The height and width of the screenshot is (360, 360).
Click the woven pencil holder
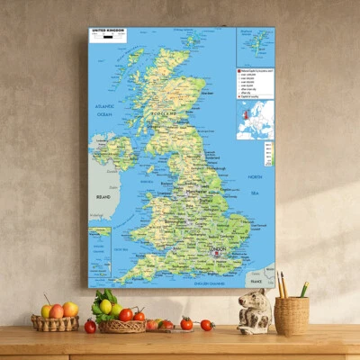pos(291,315)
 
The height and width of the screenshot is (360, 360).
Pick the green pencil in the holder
pos(304,289)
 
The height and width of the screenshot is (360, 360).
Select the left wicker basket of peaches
pos(55,321)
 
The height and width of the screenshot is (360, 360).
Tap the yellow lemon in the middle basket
pos(105,306)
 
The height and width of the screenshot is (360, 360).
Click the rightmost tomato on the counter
pos(206,325)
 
